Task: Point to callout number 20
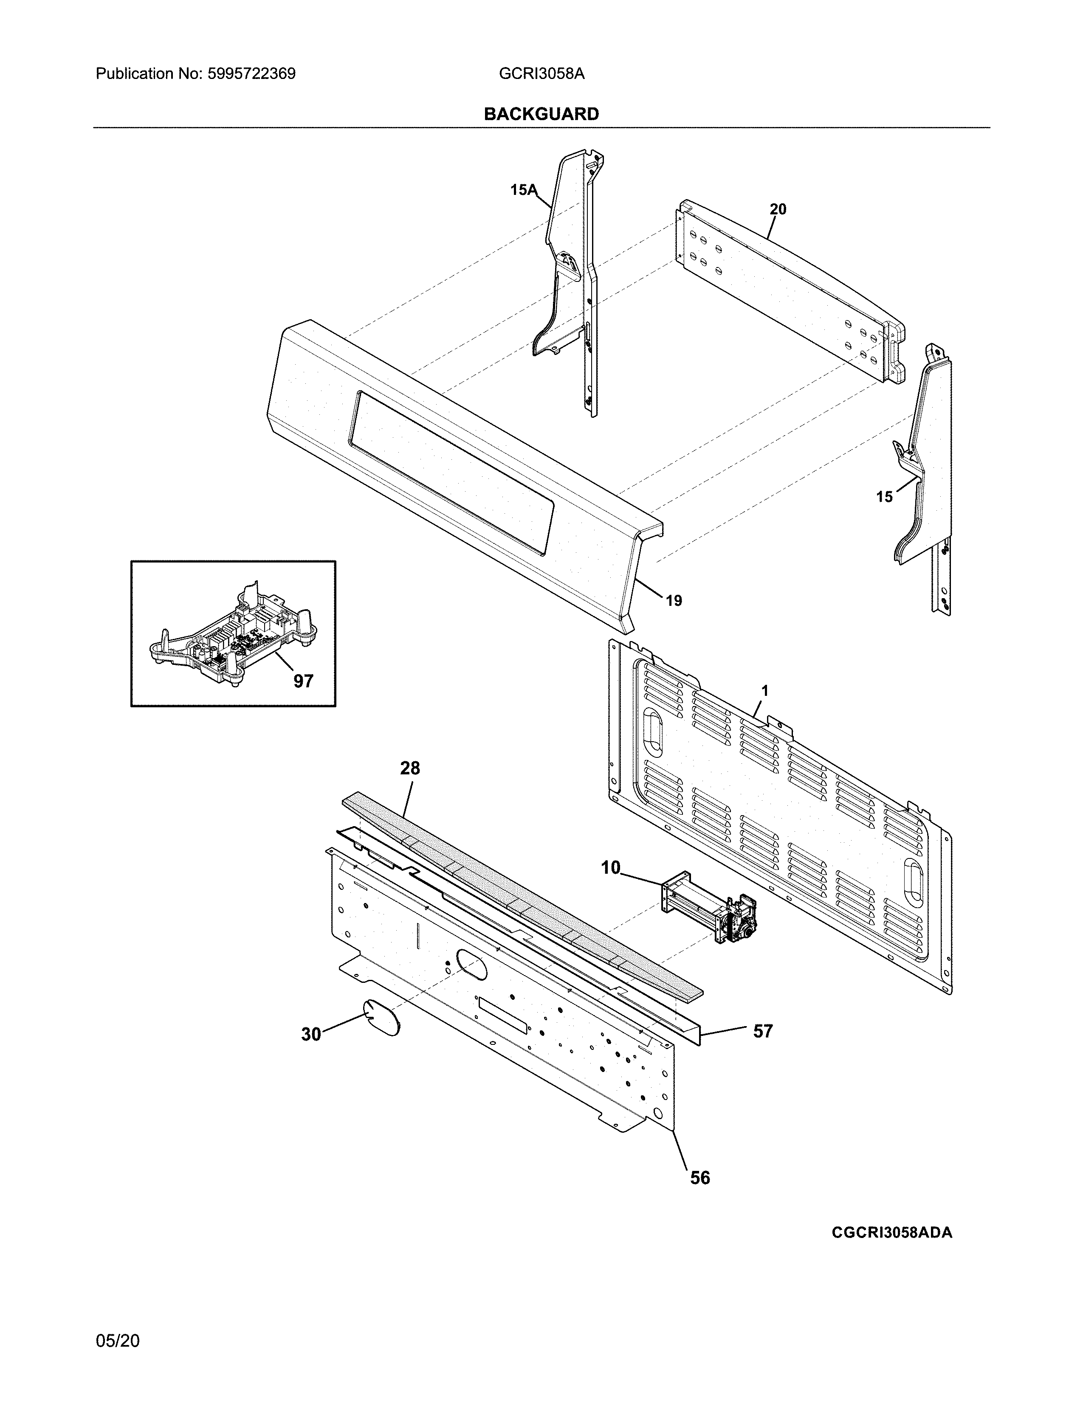click(778, 209)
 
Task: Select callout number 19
click(673, 601)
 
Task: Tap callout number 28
click(410, 768)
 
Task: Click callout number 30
click(311, 1034)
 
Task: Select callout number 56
click(700, 1178)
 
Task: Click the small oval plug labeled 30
click(382, 1017)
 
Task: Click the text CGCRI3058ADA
click(892, 1233)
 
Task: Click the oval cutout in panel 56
click(471, 963)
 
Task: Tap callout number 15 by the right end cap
click(884, 497)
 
